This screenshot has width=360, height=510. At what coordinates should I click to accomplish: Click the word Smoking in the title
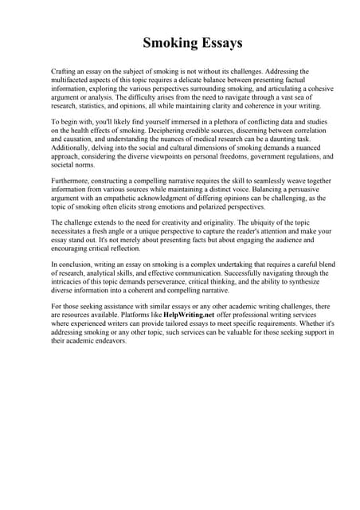(166, 42)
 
